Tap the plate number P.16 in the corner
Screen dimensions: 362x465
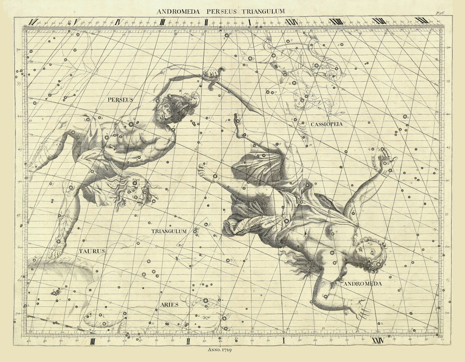pyautogui.click(x=440, y=13)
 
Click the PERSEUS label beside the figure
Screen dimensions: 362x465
pyautogui.click(x=120, y=100)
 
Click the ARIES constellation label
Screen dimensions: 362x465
pyautogui.click(x=169, y=304)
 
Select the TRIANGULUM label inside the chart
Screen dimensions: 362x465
pyautogui.click(x=169, y=231)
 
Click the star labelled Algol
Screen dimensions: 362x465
pyautogui.click(x=135, y=184)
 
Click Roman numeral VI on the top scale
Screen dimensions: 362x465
pyautogui.click(x=31, y=22)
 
